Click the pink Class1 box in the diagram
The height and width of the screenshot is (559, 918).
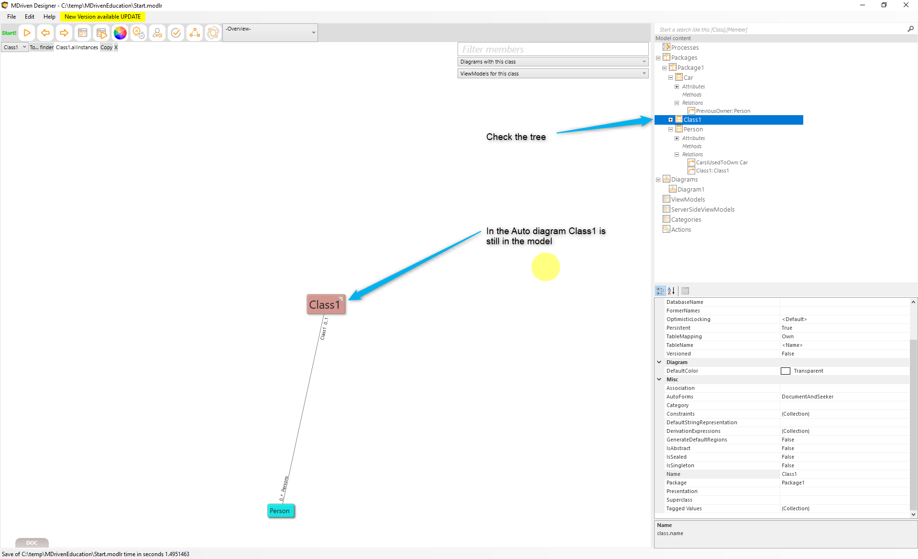point(326,304)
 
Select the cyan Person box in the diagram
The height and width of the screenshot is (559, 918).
point(280,511)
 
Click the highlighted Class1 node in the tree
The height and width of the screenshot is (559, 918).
point(692,120)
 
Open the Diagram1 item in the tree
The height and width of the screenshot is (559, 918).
point(690,190)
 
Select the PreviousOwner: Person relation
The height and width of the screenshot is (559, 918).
point(723,111)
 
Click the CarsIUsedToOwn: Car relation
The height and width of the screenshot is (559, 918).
point(721,163)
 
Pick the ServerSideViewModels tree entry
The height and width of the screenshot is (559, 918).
point(702,210)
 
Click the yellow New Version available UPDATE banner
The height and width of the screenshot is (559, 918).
point(103,17)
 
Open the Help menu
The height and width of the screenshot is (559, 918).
point(49,17)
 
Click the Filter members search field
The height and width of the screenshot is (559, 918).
point(553,49)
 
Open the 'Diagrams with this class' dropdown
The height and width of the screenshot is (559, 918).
point(553,62)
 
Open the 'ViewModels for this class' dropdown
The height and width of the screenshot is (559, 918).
point(553,74)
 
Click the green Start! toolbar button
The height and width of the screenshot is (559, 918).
point(9,33)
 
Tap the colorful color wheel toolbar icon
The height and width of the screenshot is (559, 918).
point(120,33)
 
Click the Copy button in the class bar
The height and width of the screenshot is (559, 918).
point(107,47)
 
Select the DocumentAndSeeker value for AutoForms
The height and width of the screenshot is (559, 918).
point(808,397)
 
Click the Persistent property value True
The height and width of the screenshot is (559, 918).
point(787,328)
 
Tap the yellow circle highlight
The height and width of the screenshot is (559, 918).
point(546,267)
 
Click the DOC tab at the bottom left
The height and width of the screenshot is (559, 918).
point(32,543)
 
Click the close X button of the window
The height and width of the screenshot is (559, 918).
point(906,5)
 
